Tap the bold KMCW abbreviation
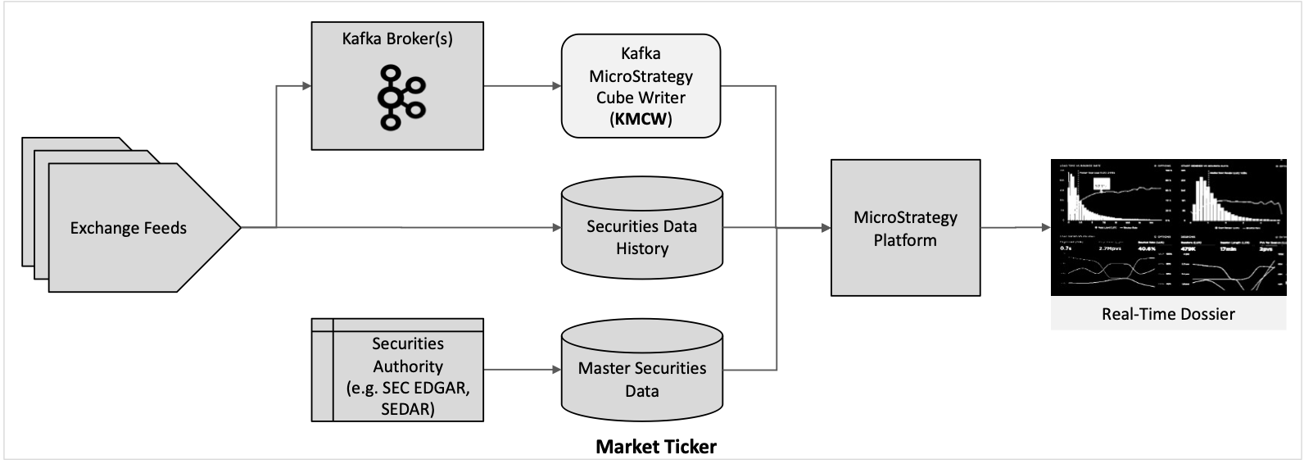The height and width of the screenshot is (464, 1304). click(x=641, y=119)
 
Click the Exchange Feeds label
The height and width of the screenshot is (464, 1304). click(x=129, y=228)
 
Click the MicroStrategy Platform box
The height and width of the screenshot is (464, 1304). click(x=905, y=228)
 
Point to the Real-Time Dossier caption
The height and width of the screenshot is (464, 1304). click(x=1168, y=314)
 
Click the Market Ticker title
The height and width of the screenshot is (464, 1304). click(x=655, y=448)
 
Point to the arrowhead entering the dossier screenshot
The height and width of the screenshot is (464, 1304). click(x=1044, y=228)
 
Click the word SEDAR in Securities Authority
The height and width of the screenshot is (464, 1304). click(x=408, y=407)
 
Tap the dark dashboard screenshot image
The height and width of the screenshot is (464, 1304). click(x=1168, y=227)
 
